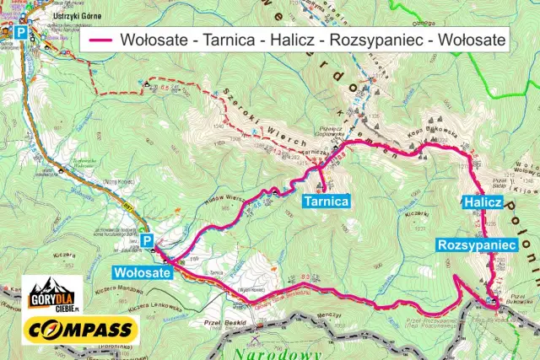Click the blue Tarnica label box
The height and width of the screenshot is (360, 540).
[326, 201]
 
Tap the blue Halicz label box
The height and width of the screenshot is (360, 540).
[483, 202]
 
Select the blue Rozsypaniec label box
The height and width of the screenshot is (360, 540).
[477, 244]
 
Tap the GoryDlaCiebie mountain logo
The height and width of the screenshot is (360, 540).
[51, 294]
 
